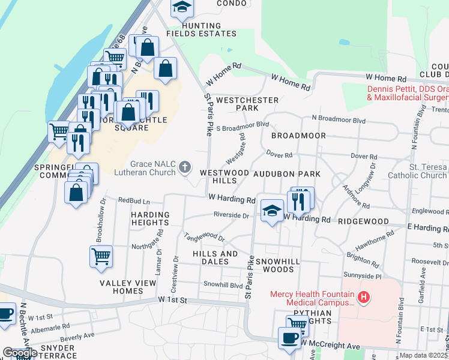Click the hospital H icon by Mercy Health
pyautogui.click(x=363, y=297)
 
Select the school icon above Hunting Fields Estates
pyautogui.click(x=181, y=8)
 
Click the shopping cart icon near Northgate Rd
pyautogui.click(x=101, y=256)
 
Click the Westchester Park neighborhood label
pyautogui.click(x=247, y=104)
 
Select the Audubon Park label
pyautogui.click(x=286, y=173)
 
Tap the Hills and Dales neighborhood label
pyautogui.click(x=215, y=257)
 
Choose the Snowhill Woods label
pyautogui.click(x=274, y=266)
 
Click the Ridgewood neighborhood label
pyautogui.click(x=363, y=221)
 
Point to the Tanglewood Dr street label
pyautogui.click(x=204, y=238)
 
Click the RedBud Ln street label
pyautogui.click(x=133, y=201)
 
